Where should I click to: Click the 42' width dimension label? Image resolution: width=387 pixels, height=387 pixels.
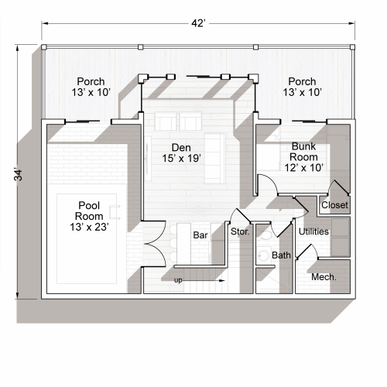(198, 23)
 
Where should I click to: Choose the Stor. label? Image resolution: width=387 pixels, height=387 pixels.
(241, 231)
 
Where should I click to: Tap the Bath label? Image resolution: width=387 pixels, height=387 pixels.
(281, 255)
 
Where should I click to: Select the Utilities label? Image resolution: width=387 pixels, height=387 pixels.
(313, 231)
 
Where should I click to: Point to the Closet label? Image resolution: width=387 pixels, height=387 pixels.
(334, 205)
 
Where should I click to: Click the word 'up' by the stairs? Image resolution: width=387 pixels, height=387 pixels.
(179, 280)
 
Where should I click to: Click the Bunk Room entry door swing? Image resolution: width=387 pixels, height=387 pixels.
(264, 186)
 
